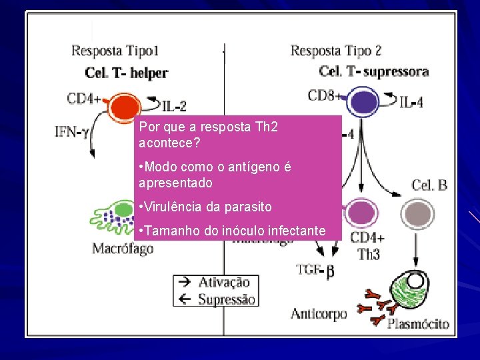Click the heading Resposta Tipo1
(x=115, y=50)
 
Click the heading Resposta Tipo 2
(x=336, y=50)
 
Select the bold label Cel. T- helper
(x=127, y=73)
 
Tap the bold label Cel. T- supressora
(x=373, y=71)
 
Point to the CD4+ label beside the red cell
(x=84, y=99)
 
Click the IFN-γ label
(x=73, y=131)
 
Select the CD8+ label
(x=326, y=96)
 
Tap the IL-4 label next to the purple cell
(x=411, y=103)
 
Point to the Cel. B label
(x=429, y=185)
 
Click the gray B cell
(x=418, y=215)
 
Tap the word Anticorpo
(x=319, y=313)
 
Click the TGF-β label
(x=314, y=270)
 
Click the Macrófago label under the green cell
(x=123, y=249)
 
